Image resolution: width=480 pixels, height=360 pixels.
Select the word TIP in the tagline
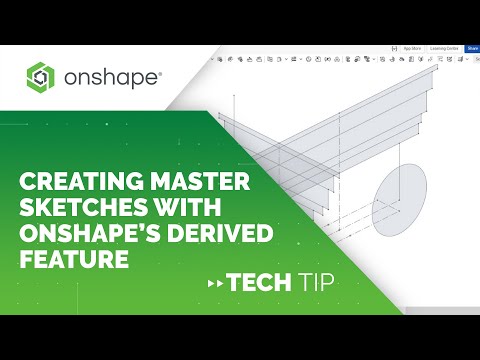[x=313, y=283]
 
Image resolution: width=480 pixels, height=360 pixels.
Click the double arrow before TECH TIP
[x=211, y=284]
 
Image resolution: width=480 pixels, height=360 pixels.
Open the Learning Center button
[x=443, y=47]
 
